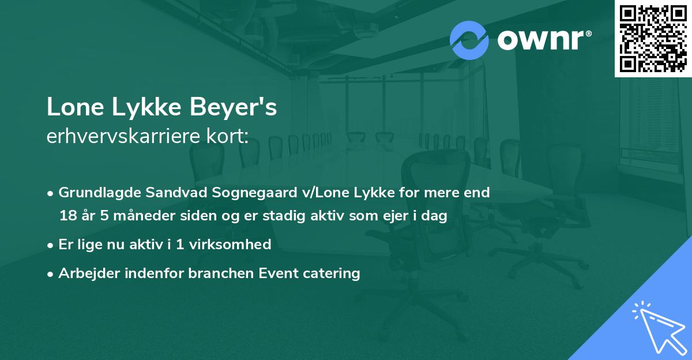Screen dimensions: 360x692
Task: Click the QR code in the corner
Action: tap(653, 39)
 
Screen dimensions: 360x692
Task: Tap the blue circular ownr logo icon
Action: tap(469, 40)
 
